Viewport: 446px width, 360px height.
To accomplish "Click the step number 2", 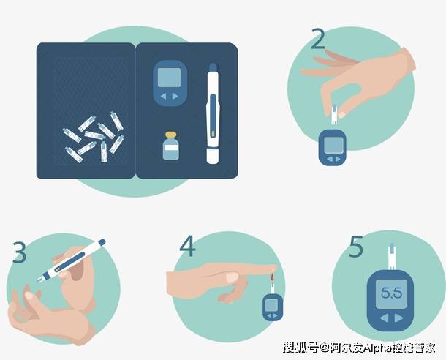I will (x=317, y=38).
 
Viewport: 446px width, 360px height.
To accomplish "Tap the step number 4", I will (x=188, y=246).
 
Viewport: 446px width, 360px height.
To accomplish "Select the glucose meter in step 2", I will (x=333, y=146).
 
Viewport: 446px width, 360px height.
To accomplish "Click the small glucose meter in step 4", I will (x=271, y=307).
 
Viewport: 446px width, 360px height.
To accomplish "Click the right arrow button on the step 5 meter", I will (x=400, y=318).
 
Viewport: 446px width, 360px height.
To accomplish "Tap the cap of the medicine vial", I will (x=170, y=135).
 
